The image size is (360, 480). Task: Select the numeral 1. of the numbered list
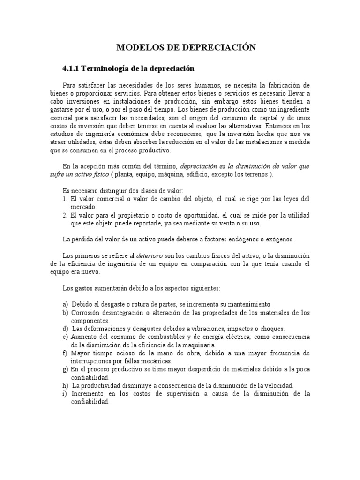65,199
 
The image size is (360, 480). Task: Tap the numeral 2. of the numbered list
65,215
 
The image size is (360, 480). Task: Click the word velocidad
276,385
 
